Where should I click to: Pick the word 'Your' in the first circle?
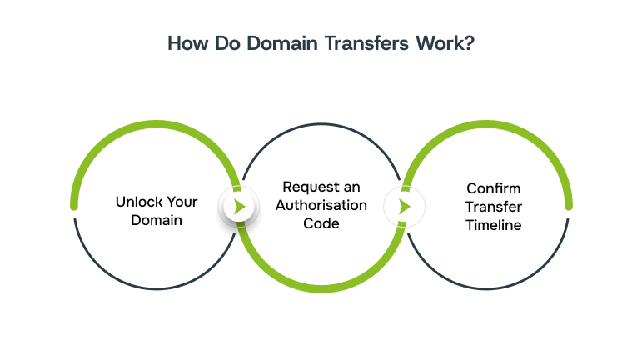pyautogui.click(x=181, y=202)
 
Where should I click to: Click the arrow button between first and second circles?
pyautogui.click(x=239, y=207)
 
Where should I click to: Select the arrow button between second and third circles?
pyautogui.click(x=404, y=207)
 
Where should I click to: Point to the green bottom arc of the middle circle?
pyautogui.click(x=322, y=288)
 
